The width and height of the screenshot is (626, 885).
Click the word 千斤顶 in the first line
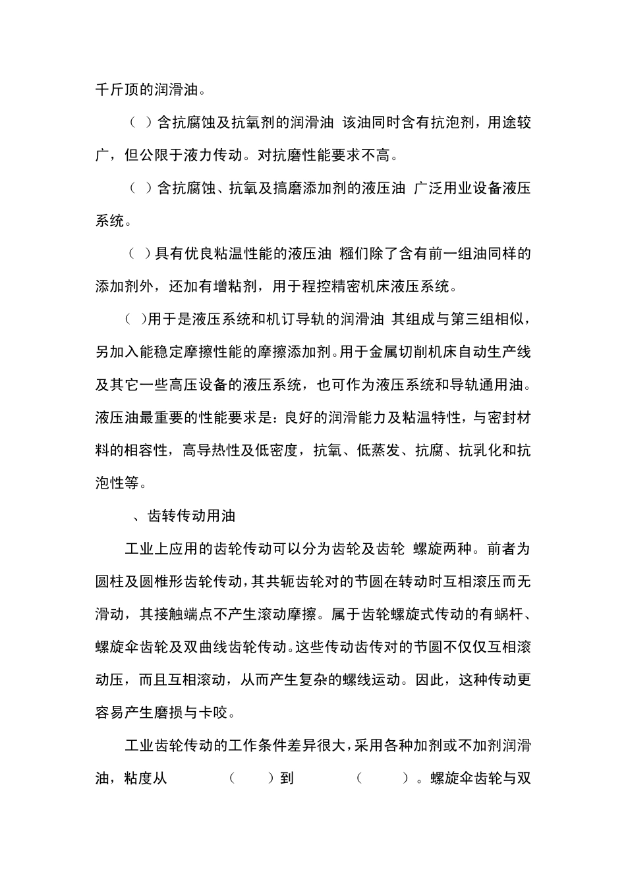click(x=117, y=90)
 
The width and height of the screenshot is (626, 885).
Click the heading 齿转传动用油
click(x=191, y=516)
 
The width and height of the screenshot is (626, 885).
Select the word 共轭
click(x=284, y=581)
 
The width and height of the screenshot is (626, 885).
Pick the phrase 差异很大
click(x=322, y=745)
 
